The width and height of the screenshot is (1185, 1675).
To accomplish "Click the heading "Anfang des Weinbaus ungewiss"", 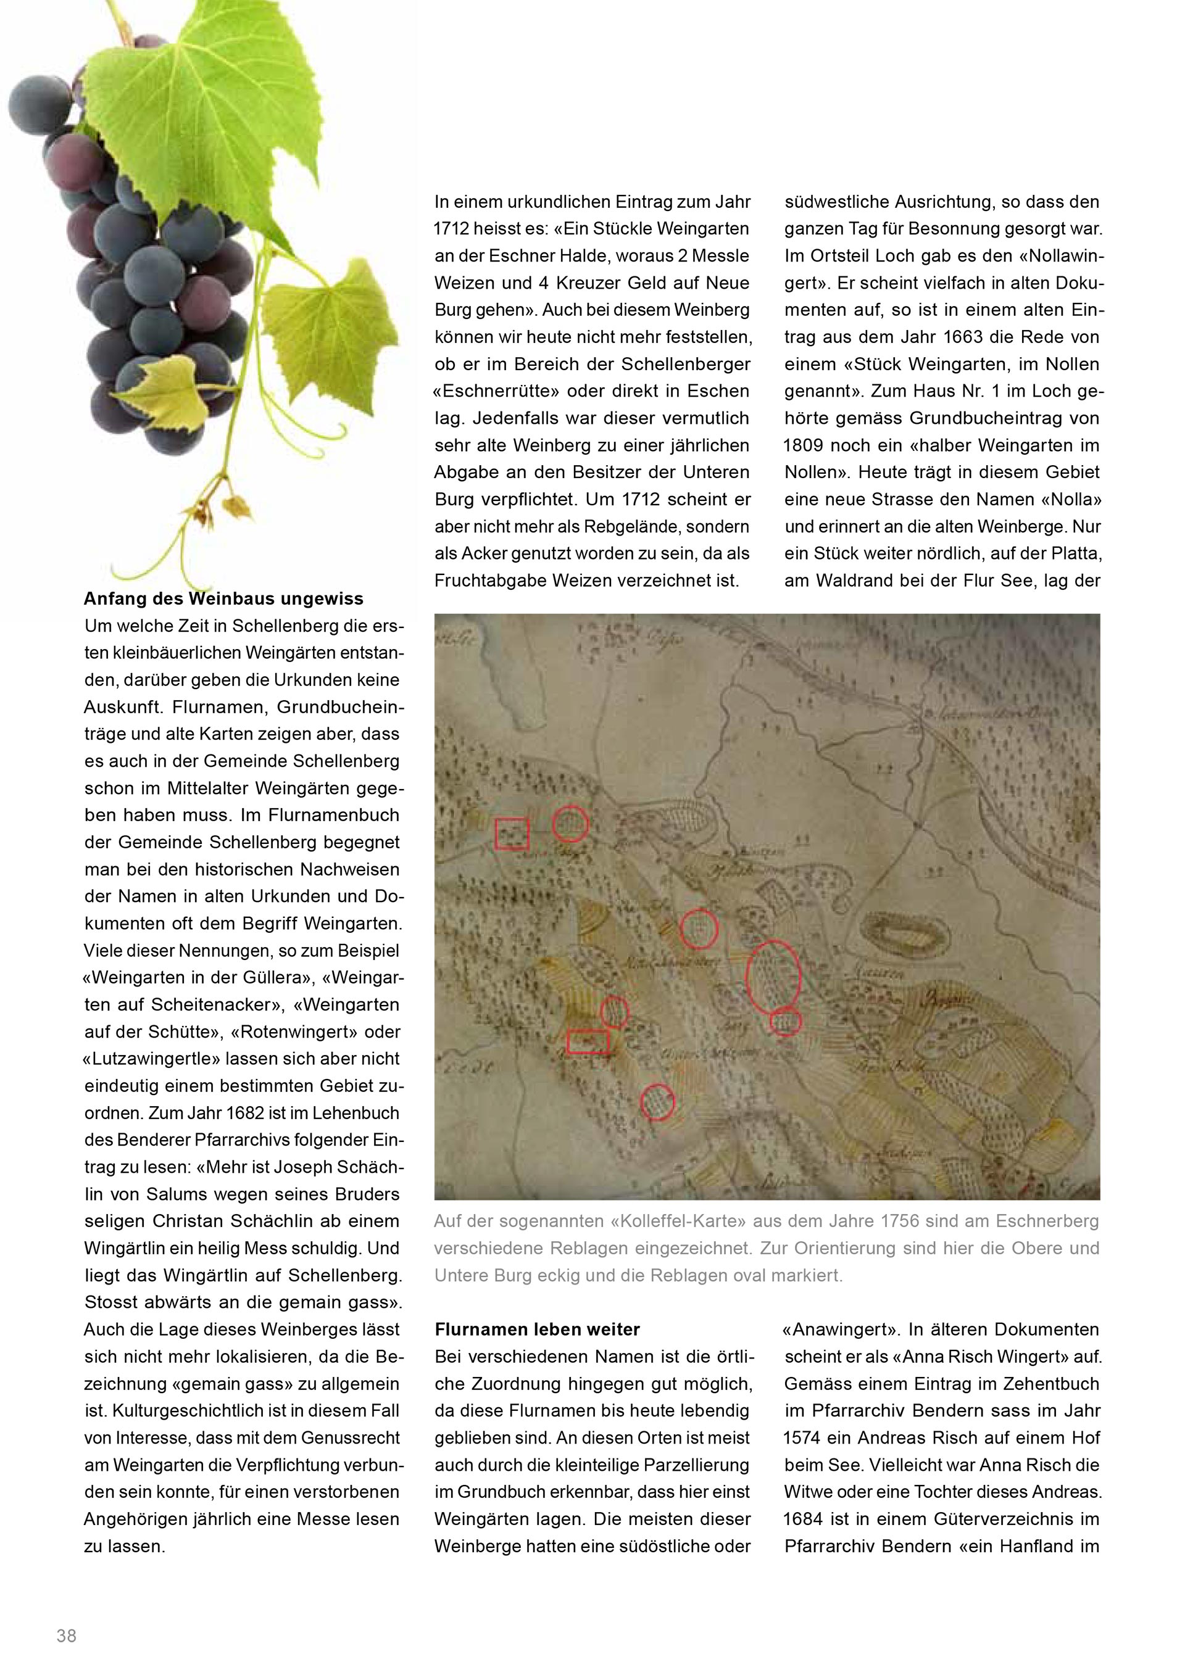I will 223,599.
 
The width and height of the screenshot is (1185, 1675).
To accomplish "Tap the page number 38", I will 67,1636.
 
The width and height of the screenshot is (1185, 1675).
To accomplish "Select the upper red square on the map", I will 512,834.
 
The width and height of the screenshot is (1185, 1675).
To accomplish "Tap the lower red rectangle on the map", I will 588,1041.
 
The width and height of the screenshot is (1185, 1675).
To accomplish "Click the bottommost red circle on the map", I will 657,1102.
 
